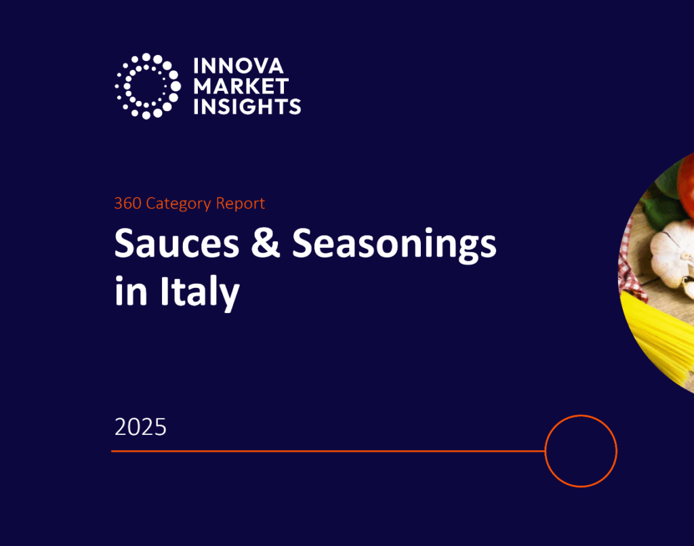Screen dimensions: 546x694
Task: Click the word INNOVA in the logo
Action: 238,66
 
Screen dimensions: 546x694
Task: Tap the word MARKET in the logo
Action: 241,86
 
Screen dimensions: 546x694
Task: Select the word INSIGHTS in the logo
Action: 247,106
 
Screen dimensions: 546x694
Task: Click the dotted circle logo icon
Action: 147,86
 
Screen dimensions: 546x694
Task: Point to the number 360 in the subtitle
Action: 127,203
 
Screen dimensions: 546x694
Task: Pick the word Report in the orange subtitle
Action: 240,203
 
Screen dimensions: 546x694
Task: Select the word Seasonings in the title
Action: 394,245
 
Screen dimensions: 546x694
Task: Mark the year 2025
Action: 140,427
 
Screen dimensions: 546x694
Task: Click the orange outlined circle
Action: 581,450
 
